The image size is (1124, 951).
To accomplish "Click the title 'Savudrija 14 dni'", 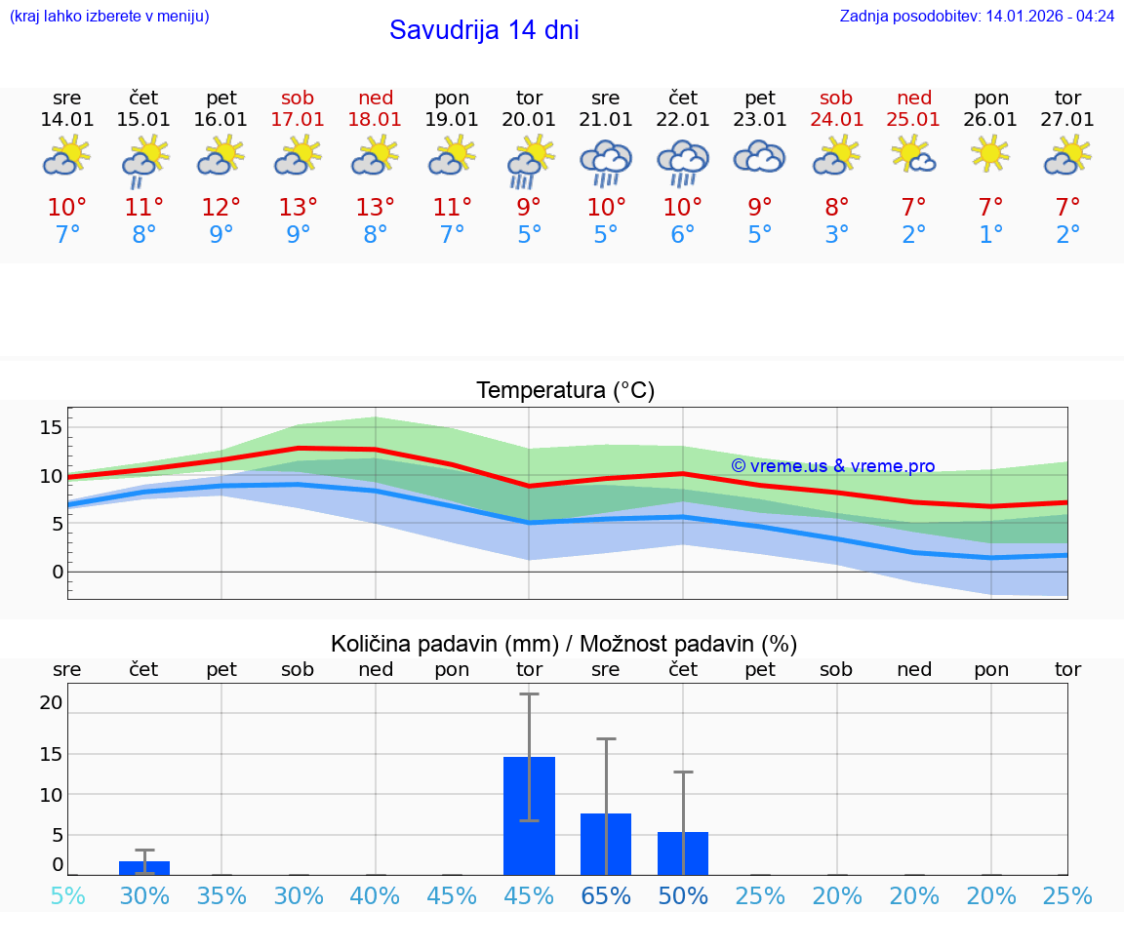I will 484,30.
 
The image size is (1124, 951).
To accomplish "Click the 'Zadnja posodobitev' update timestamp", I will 977,17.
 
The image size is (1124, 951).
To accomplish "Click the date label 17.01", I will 299,119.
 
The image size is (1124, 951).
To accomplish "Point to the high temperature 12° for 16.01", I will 221,207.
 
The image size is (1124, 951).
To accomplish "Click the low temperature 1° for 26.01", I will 991,235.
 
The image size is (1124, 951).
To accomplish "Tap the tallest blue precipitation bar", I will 529,815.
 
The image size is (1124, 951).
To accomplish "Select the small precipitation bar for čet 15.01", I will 144,867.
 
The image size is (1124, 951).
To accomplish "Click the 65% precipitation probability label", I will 606,895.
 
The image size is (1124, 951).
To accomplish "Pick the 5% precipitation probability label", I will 67,895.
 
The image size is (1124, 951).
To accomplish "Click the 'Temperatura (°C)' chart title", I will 565,391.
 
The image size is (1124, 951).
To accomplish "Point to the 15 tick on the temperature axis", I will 51,427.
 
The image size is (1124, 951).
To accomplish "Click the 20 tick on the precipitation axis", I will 51,702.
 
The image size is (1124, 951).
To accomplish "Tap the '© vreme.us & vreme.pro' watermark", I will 832,466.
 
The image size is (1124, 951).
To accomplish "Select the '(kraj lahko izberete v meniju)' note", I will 109,17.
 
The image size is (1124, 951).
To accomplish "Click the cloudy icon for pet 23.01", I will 760,157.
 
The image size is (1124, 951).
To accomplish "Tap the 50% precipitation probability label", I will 683,895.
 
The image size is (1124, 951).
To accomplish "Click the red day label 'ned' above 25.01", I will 914,98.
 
